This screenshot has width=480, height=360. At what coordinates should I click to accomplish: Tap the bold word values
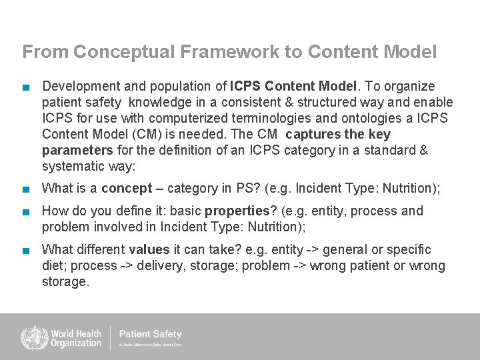click(x=149, y=250)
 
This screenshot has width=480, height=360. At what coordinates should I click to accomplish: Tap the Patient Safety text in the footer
click(x=150, y=334)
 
